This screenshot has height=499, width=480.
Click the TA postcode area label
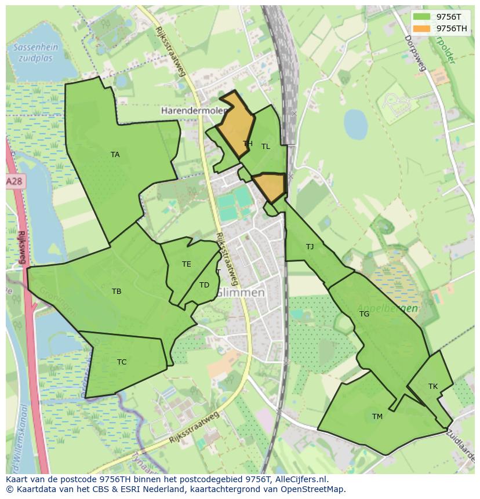point(115,155)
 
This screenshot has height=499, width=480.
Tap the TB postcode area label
point(117,292)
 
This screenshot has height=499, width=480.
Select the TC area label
point(122,362)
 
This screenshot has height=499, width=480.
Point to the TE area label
point(186,264)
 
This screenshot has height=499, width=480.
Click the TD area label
point(204,285)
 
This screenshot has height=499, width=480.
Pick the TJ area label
point(310,247)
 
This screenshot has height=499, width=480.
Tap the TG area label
point(364,314)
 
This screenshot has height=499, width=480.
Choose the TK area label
point(433,387)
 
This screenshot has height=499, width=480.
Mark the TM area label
point(377,417)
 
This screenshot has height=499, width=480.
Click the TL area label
point(266,147)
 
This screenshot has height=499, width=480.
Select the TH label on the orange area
point(248,144)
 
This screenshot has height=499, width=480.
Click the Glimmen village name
point(240,293)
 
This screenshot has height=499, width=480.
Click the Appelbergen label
point(388,308)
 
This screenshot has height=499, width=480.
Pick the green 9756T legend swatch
point(422,16)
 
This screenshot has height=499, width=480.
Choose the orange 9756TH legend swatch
point(422,28)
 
